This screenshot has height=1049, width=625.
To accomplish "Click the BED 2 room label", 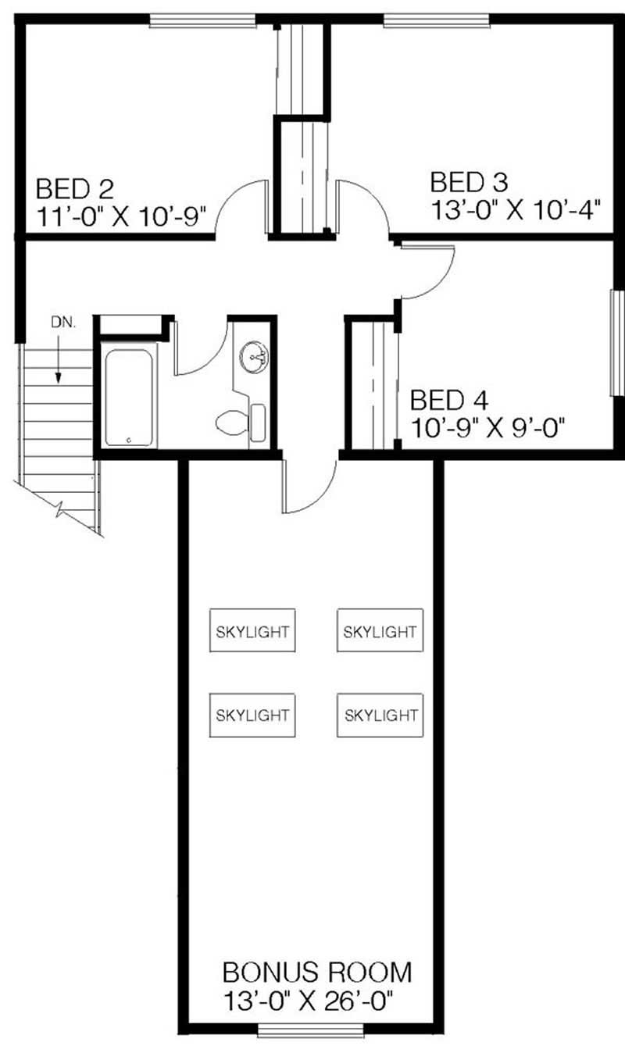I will [x=75, y=189].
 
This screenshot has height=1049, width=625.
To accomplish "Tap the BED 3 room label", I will [x=469, y=183].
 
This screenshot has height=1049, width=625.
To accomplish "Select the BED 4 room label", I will [x=448, y=401].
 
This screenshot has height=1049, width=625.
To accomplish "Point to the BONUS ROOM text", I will [x=316, y=972].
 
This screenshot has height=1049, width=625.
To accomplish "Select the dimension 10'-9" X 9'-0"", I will [x=487, y=427].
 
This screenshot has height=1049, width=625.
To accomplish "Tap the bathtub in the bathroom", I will [x=128, y=398].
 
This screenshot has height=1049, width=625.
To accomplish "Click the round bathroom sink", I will [x=254, y=358].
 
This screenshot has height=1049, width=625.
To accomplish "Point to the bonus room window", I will [x=302, y=1033].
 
